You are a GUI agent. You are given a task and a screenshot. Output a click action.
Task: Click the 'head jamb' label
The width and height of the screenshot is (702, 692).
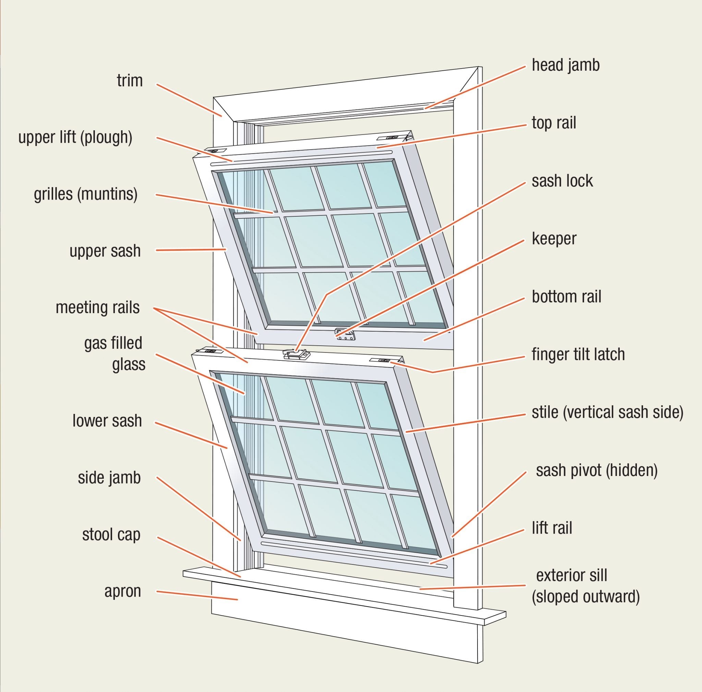565,65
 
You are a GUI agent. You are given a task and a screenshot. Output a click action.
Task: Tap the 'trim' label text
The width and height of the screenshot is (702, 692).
130,81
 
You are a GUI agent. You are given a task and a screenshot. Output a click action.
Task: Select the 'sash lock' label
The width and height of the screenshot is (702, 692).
562,181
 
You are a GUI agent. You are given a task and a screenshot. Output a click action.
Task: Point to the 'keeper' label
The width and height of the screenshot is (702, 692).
554,239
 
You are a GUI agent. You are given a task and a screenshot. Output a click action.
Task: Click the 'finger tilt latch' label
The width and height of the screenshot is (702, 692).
578,354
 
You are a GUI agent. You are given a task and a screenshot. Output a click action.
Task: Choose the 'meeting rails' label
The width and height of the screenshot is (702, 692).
97,308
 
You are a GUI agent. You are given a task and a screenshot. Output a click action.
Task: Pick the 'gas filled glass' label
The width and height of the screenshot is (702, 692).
114,353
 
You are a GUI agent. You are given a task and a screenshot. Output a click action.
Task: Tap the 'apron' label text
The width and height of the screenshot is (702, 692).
122,591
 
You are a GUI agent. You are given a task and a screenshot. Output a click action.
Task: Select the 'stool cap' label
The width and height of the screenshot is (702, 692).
111,535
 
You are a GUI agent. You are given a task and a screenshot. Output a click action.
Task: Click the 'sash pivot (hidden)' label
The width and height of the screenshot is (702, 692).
597,470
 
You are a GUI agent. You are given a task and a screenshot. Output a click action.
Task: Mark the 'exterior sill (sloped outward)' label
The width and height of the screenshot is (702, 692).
585,586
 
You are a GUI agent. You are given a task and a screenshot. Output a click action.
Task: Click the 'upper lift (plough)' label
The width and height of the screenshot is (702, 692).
75,138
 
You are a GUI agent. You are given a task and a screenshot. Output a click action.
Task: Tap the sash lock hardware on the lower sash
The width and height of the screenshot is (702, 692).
296,354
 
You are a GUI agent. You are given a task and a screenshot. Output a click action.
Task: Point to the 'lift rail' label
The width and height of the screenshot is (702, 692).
552,528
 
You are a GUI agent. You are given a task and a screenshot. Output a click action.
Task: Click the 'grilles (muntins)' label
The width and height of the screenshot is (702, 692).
86,194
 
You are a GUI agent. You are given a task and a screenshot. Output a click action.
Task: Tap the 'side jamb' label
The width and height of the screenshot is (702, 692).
109,478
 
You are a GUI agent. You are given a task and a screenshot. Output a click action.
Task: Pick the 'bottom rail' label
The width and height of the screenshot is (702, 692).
566,297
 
